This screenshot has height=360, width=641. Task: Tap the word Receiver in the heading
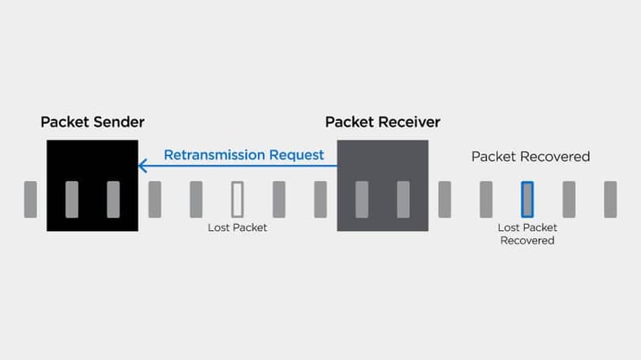pos(407,122)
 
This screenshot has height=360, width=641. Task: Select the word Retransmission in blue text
pos(214,155)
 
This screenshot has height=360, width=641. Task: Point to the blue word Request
pos(296,155)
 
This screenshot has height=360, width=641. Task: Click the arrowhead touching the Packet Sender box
pos(142,166)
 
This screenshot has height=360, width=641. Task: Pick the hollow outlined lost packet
pos(238,199)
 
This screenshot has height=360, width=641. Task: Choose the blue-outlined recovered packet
pos(527,199)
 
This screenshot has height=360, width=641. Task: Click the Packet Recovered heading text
pos(531,157)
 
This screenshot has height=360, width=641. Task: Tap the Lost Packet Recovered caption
pos(527,234)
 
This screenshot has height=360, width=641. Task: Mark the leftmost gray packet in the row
pos(30,199)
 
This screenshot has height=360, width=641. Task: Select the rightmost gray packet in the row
pos(611,199)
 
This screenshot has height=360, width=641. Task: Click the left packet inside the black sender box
pos(72,199)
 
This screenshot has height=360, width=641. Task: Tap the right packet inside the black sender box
pos(113,199)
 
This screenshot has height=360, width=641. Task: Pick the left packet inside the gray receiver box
pos(362,199)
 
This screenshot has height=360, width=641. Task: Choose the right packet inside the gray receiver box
pos(403,199)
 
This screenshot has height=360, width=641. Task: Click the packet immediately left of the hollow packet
pos(196,199)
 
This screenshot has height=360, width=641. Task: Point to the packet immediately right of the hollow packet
pos(279,199)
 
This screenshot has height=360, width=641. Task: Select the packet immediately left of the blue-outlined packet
pos(486,199)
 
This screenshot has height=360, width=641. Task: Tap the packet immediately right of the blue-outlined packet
pos(568,199)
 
